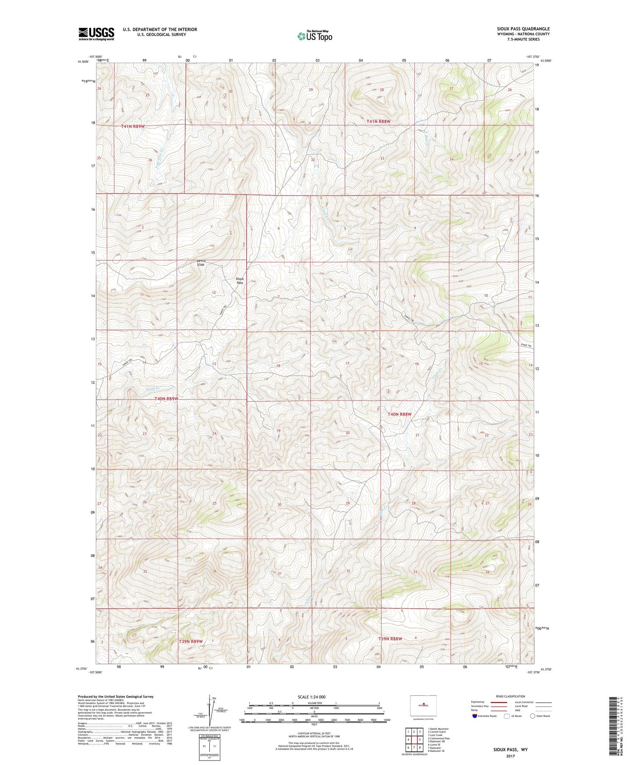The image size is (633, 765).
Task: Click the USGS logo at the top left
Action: [96, 34]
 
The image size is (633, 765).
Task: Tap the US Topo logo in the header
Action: [314, 36]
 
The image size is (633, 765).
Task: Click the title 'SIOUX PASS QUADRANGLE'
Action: [520, 29]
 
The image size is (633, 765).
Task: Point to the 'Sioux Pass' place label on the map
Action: [240, 281]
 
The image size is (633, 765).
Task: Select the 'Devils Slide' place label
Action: [201, 263]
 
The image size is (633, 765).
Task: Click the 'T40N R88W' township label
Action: [400, 414]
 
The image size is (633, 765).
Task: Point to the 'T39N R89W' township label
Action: [191, 641]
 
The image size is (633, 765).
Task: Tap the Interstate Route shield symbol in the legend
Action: [475, 716]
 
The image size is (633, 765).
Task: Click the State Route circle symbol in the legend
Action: [533, 716]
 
